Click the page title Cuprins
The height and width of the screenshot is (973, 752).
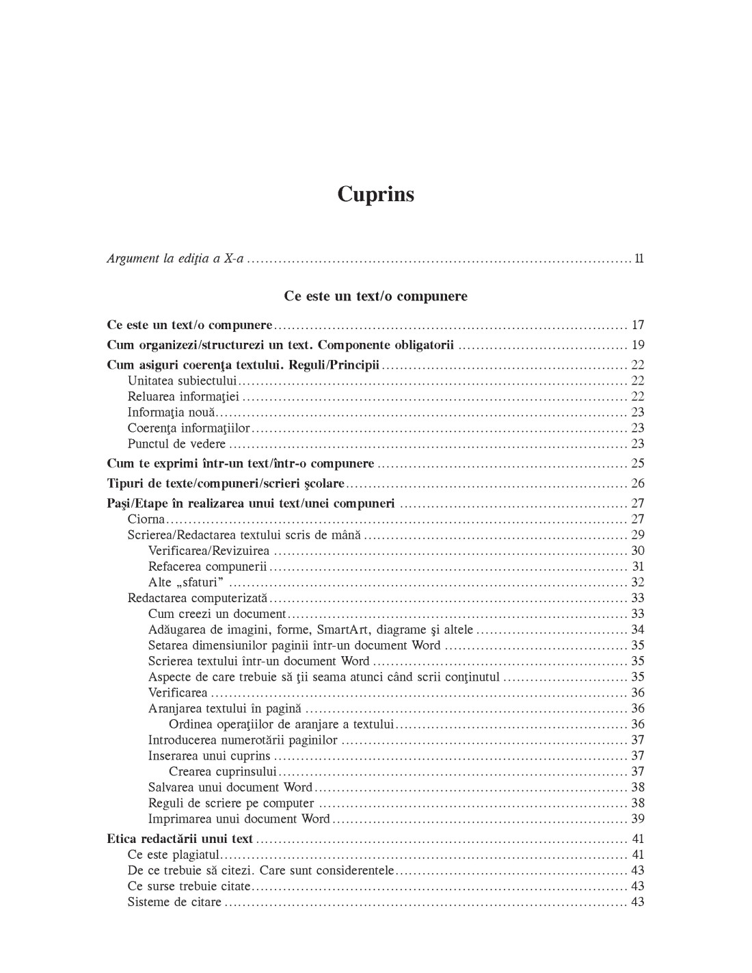[x=375, y=194]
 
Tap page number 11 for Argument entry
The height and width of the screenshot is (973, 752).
[x=639, y=259]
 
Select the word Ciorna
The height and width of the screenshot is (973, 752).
[x=146, y=519]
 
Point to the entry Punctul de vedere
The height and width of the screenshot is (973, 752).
[x=176, y=443]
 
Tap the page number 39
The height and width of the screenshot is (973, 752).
[x=637, y=818]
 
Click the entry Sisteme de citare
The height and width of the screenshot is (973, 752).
[x=174, y=902]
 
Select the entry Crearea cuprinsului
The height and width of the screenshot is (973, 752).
[x=223, y=771]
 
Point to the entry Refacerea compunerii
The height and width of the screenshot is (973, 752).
[x=207, y=567]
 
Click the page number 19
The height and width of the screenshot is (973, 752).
[x=637, y=344]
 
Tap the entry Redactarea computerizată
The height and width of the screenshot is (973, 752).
[x=198, y=598]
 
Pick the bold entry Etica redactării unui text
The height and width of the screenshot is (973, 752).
[x=180, y=838]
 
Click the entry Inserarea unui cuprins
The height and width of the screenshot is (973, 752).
[x=209, y=755]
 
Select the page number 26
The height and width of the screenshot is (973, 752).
[x=637, y=483]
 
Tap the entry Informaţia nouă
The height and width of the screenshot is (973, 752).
[x=171, y=412]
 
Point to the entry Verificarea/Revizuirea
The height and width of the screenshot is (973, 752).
[x=209, y=551]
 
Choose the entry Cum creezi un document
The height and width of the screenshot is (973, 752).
[x=217, y=614]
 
